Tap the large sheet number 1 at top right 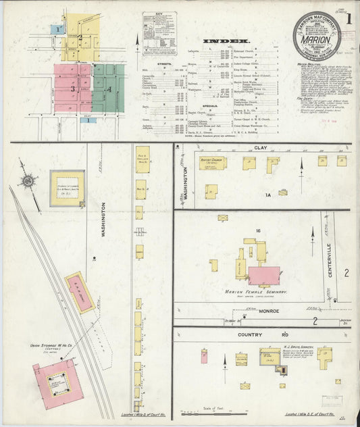coord(348,16)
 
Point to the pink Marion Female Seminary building coord(263,275)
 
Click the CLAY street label coord(261,147)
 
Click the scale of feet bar coord(211,413)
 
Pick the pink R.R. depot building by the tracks coord(80,293)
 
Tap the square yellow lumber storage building coord(67,188)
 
